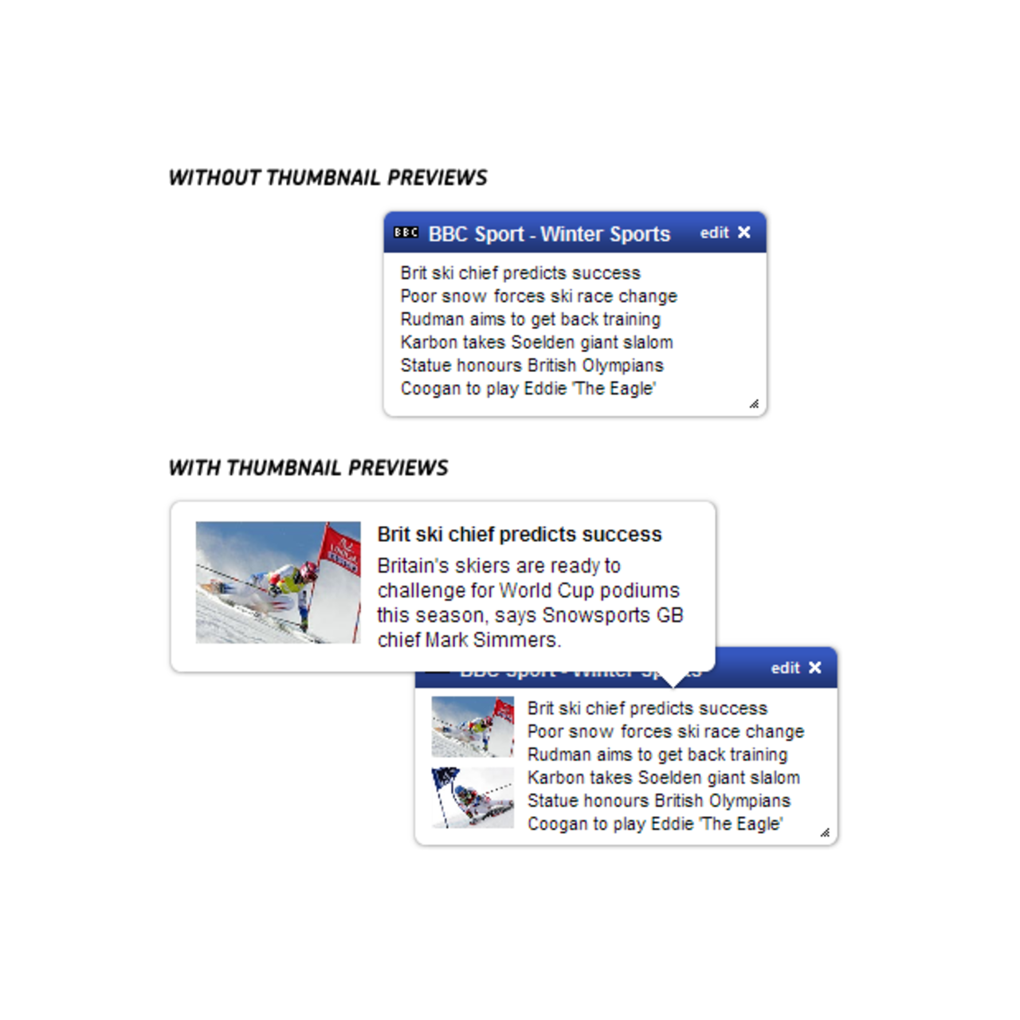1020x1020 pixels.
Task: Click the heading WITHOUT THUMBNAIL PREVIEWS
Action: pos(328,178)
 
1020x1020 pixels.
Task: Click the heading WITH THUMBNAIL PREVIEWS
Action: pos(308,468)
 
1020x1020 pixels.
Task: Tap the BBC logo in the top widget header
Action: pos(406,233)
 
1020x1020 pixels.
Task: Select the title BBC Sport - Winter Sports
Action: pos(549,234)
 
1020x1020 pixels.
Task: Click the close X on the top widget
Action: pos(744,232)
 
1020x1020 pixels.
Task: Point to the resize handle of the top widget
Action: pos(754,404)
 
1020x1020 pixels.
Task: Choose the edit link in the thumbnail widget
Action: pos(785,668)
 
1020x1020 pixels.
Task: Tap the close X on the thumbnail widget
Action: pos(814,668)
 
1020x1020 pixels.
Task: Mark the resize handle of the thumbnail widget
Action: pos(825,833)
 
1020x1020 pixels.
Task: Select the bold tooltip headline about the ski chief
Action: pos(520,534)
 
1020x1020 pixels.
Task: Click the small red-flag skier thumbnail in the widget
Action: pos(473,727)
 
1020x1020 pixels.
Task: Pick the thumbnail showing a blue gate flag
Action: pos(473,798)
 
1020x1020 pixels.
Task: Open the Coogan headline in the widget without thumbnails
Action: pos(528,389)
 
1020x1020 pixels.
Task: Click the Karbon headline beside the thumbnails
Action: pos(663,778)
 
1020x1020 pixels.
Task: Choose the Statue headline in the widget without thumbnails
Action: pos(532,366)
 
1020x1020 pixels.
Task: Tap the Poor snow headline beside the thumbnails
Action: pos(665,732)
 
